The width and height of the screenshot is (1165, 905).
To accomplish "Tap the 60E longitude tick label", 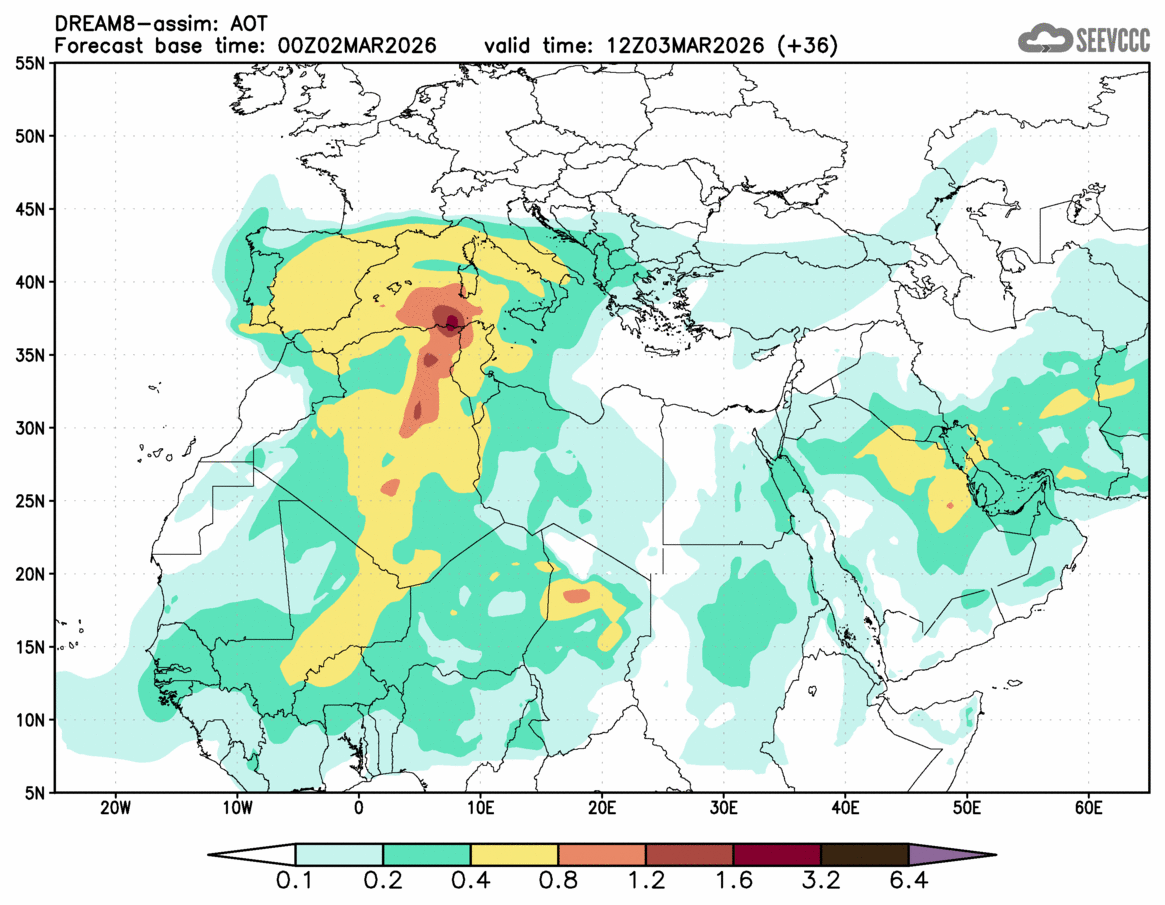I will coord(1088,807).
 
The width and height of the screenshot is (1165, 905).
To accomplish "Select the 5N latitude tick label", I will coord(32,793).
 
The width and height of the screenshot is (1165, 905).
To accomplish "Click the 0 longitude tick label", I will coord(359,807).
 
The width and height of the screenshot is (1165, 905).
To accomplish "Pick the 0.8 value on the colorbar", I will coord(559,883).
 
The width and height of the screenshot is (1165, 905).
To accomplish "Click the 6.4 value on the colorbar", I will coord(908,883).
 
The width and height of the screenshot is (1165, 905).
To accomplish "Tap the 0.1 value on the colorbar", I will coord(296,883).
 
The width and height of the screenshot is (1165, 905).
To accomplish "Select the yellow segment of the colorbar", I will coord(514,855).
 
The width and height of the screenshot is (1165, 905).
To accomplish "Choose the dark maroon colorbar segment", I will coord(777,855).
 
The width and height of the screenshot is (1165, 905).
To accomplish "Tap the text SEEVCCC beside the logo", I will coord(1112,40).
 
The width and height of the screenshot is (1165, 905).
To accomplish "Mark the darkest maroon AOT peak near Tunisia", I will coord(451,321).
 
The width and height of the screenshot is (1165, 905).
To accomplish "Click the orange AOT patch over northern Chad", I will coord(577,596).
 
